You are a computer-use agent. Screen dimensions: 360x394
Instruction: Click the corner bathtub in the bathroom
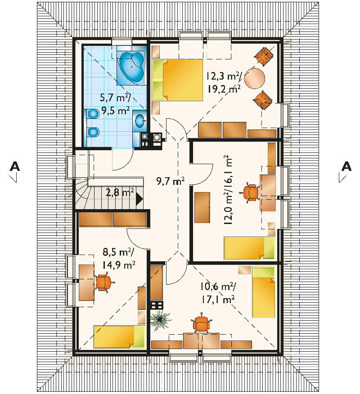pyautogui.click(x=131, y=67)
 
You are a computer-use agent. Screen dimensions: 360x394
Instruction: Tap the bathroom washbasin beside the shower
pyautogui.click(x=139, y=121)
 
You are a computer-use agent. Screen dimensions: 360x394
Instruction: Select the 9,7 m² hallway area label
pyautogui.click(x=171, y=181)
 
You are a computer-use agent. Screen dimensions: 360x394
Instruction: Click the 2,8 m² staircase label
pyautogui.click(x=120, y=193)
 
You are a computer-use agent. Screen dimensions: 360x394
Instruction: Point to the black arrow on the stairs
pyautogui.click(x=139, y=199)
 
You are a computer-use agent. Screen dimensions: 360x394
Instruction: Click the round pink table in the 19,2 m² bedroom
pyautogui.click(x=254, y=78)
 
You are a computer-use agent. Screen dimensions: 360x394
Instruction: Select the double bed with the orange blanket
pyautogui.click(x=178, y=80)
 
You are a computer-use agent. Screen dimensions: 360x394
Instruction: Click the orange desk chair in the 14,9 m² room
pyautogui.click(x=103, y=282)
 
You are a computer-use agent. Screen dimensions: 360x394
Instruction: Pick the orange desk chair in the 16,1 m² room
pyautogui.click(x=250, y=193)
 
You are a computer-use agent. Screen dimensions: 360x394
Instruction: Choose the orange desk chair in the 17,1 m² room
pyautogui.click(x=201, y=323)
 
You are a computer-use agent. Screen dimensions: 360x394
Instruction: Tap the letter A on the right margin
pyautogui.click(x=346, y=166)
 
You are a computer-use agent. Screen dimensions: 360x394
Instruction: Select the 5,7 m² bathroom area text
pyautogui.click(x=115, y=97)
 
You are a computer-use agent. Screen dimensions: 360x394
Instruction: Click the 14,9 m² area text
pyautogui.click(x=119, y=264)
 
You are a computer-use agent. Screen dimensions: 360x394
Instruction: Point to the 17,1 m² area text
pyautogui.click(x=218, y=299)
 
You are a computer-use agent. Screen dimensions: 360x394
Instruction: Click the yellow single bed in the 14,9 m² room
pyautogui.click(x=120, y=337)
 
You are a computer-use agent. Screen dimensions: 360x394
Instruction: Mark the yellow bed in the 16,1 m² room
pyautogui.click(x=249, y=248)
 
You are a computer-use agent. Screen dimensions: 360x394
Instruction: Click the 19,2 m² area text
pyautogui.click(x=224, y=89)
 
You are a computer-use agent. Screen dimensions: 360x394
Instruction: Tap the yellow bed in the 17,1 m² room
pyautogui.click(x=264, y=292)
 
